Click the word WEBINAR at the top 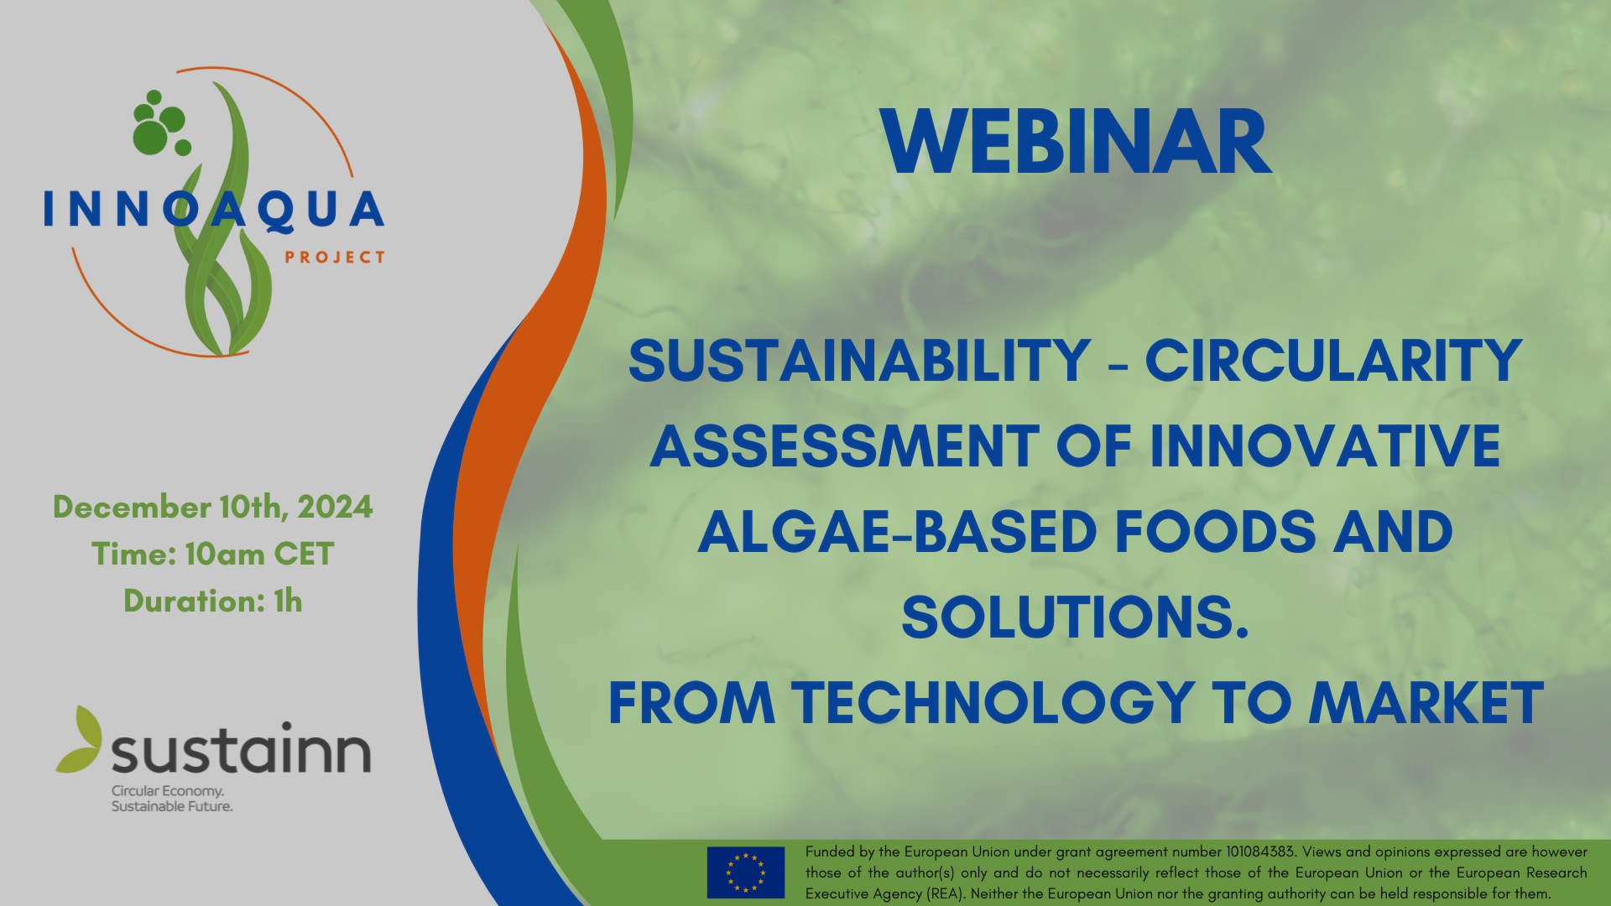click(1077, 143)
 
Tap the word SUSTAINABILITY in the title click(859, 361)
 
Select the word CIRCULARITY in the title click(1333, 361)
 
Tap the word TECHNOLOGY click(993, 702)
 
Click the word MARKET click(1426, 702)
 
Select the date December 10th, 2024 click(213, 508)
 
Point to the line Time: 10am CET click(213, 554)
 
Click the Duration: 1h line click(213, 601)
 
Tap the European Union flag click(746, 872)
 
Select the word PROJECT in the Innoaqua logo click(335, 258)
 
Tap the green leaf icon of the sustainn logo click(79, 740)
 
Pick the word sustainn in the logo click(242, 749)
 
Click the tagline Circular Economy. click(168, 791)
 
